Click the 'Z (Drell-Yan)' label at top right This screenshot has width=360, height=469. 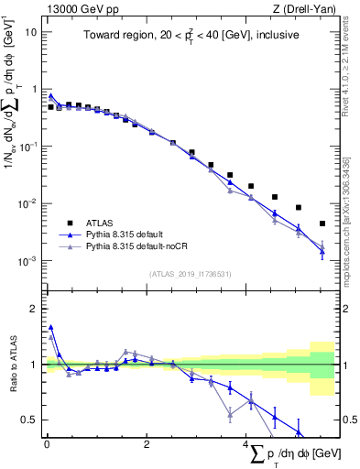pos(309,8)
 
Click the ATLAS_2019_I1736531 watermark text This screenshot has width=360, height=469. pos(190,274)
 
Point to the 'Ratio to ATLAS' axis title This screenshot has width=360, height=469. pos(14,365)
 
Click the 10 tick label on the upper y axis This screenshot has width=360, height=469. pos(30,31)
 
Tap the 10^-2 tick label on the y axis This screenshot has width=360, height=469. pos(27,203)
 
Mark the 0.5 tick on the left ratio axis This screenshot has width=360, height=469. pos(30,420)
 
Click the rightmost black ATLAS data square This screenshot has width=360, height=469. pos(322,224)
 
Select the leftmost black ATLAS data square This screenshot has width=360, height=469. pos(51,107)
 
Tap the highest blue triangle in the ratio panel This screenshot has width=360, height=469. pos(51,326)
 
